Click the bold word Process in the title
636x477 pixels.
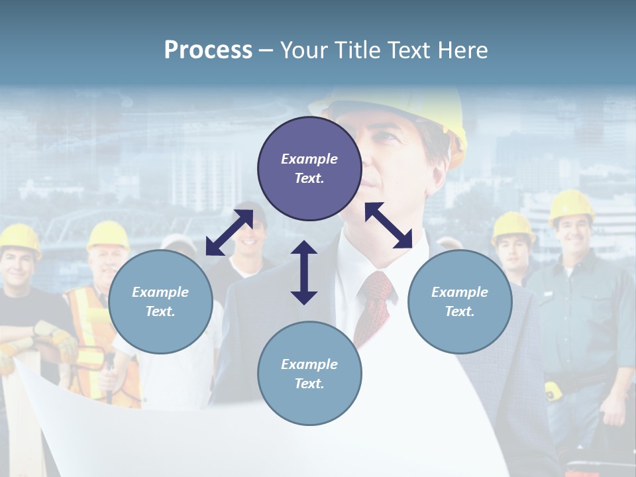click(208, 50)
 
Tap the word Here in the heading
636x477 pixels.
click(461, 50)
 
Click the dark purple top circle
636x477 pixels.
click(309, 168)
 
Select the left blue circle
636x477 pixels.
click(160, 301)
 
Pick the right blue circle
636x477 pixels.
click(459, 301)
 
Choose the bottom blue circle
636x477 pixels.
click(309, 374)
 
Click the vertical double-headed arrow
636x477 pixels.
click(304, 272)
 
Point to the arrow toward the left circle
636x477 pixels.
click(229, 233)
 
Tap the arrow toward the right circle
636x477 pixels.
click(389, 225)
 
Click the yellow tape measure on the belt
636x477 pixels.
click(553, 390)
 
